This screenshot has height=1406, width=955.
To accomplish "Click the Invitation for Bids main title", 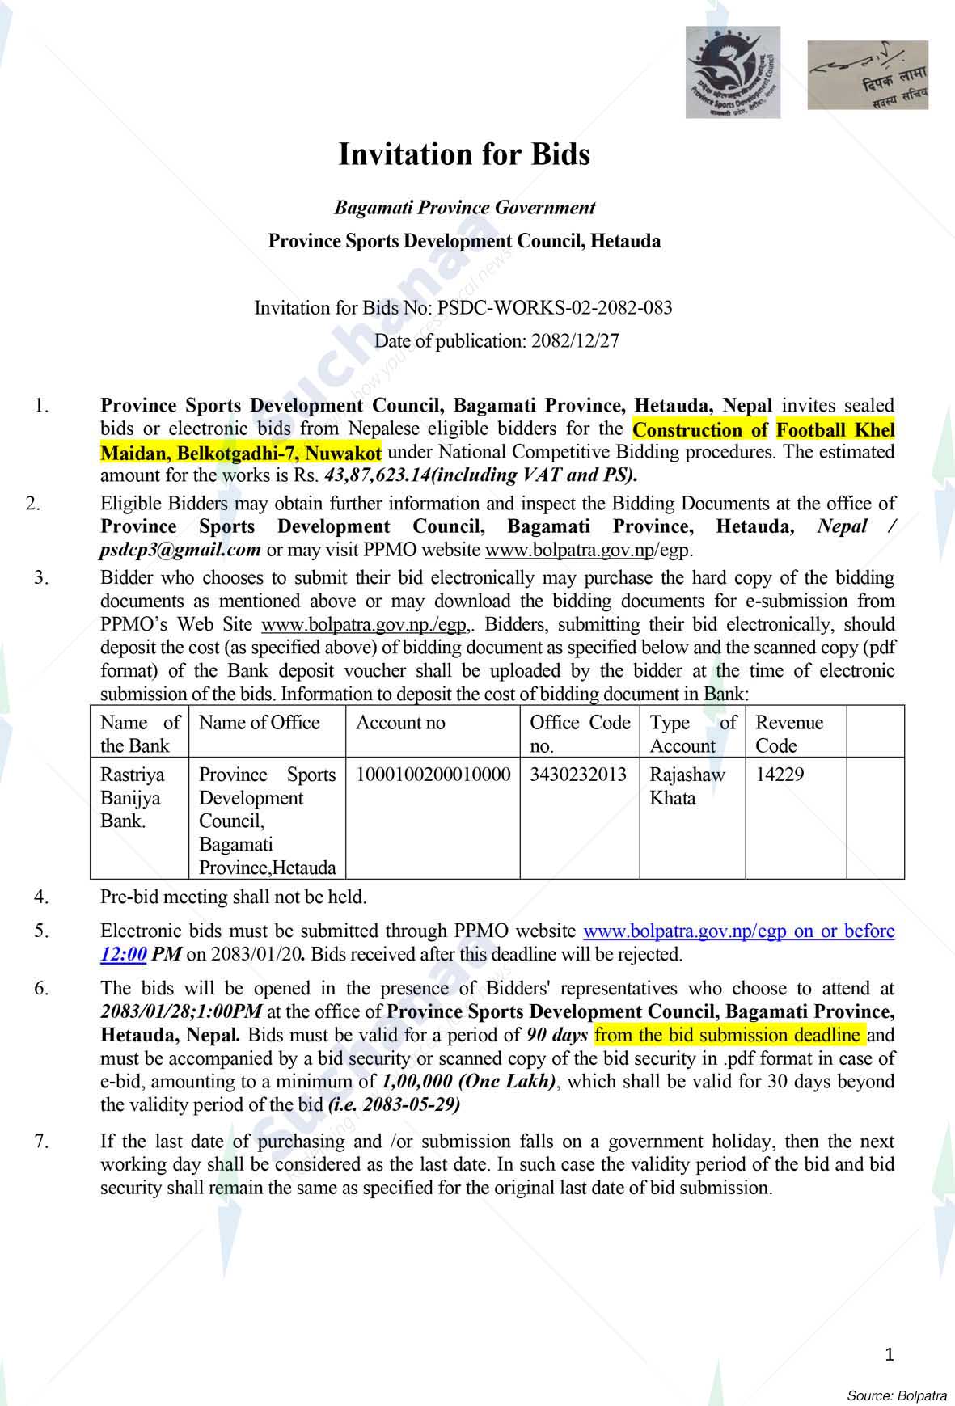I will (x=463, y=154).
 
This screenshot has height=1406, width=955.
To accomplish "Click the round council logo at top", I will (x=733, y=72).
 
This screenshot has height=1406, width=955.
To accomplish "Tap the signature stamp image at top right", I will (x=868, y=74).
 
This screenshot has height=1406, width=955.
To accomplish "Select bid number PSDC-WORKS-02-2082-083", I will (x=555, y=308).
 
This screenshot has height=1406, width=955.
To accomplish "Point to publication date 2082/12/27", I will (x=575, y=341).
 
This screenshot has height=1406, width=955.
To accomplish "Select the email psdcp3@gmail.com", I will (x=181, y=551).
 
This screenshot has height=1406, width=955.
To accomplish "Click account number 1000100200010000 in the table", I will (x=433, y=775).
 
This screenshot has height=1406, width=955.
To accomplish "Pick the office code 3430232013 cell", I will (x=578, y=775).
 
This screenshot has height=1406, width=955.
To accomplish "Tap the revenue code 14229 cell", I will (x=780, y=775).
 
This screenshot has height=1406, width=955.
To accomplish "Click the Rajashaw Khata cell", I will (x=687, y=786).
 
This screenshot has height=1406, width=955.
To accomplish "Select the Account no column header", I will (x=400, y=723).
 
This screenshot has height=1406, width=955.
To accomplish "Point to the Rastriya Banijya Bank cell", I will (x=132, y=797).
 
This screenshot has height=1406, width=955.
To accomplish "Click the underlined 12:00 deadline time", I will (x=124, y=955).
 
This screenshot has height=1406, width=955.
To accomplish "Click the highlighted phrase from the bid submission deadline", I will (x=728, y=1035).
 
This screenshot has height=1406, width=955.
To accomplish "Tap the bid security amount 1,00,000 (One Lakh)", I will (x=469, y=1082).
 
